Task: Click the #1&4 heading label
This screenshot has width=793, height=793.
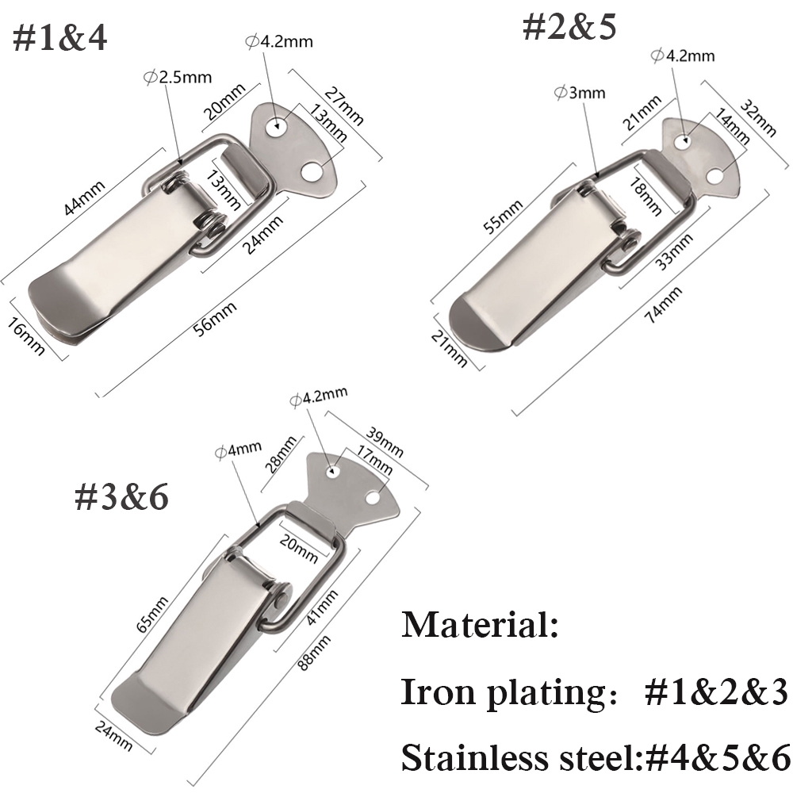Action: click(x=59, y=37)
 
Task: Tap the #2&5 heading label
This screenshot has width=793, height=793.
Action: click(x=569, y=25)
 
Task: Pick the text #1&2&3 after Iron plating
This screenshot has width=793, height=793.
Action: click(x=714, y=691)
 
